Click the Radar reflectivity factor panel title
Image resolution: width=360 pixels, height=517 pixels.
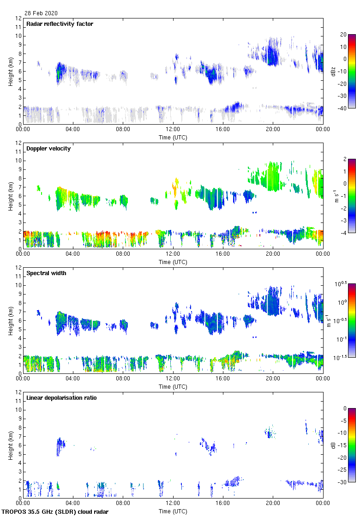(60, 24)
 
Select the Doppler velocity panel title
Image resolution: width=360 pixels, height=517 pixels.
(48, 149)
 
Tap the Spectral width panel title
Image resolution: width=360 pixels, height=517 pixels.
(47, 273)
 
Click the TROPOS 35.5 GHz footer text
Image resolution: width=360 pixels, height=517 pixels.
(55, 512)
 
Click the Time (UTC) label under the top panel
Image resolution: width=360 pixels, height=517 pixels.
(173, 137)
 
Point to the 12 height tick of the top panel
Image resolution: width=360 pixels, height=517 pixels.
(18, 18)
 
